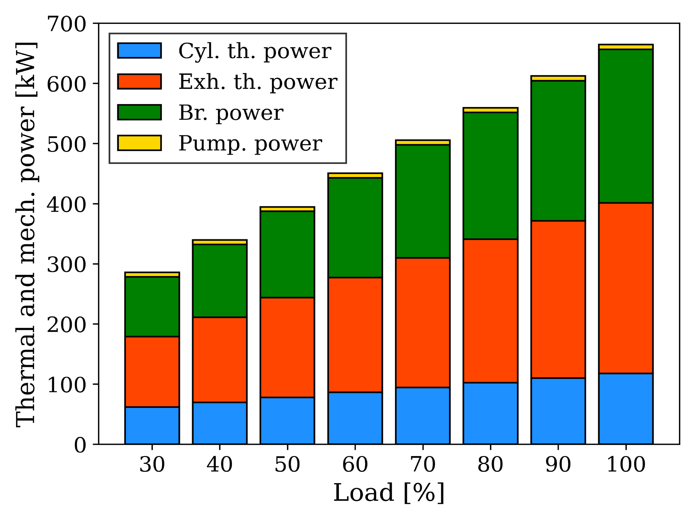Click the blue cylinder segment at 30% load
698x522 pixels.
152,426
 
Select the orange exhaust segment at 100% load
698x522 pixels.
626,288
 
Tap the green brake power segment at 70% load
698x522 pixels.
423,201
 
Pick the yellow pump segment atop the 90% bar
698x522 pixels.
558,78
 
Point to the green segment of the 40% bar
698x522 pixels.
220,281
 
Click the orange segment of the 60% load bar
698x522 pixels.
355,335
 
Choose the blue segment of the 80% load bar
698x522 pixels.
490,413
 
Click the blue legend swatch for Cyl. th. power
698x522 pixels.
140,50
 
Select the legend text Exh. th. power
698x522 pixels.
258,82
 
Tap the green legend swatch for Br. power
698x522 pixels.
140,112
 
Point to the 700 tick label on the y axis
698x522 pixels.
66,24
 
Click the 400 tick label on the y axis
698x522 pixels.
66,204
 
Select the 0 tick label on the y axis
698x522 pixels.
80,445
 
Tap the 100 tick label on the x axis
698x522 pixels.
626,464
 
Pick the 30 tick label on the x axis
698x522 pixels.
152,464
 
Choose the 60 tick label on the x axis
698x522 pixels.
355,464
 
